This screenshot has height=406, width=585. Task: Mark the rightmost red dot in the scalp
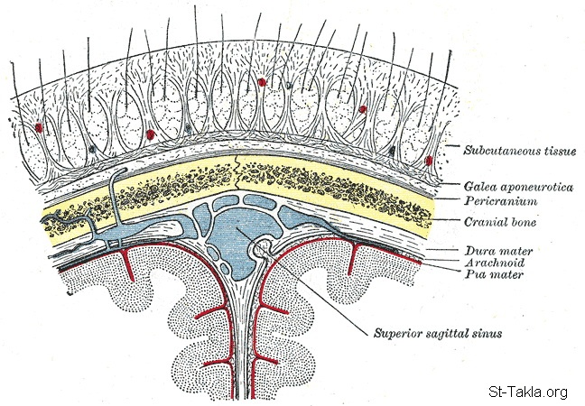click(429, 161)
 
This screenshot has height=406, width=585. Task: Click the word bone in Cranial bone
click(517, 221)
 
